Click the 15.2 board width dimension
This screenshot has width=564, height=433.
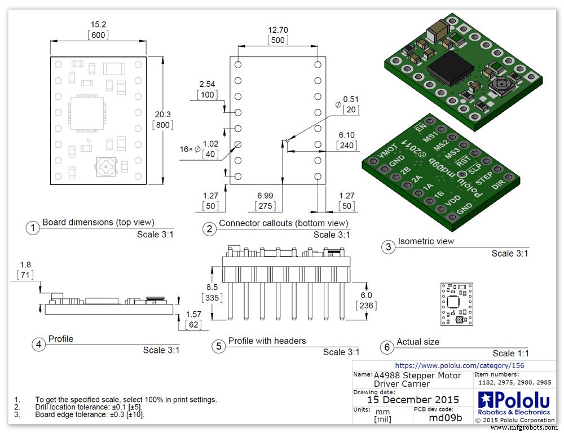pos(99,24)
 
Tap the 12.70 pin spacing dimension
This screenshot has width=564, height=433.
pos(278,30)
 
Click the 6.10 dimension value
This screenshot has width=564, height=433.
pos(346,135)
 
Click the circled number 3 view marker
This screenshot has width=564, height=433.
pos(387,247)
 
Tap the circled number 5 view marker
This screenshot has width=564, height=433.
pos(218,346)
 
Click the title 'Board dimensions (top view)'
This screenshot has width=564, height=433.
pos(98,222)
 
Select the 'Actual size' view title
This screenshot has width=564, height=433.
pos(418,342)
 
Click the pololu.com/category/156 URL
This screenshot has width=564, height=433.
pos(459,365)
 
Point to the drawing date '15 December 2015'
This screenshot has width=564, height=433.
pos(413,399)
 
